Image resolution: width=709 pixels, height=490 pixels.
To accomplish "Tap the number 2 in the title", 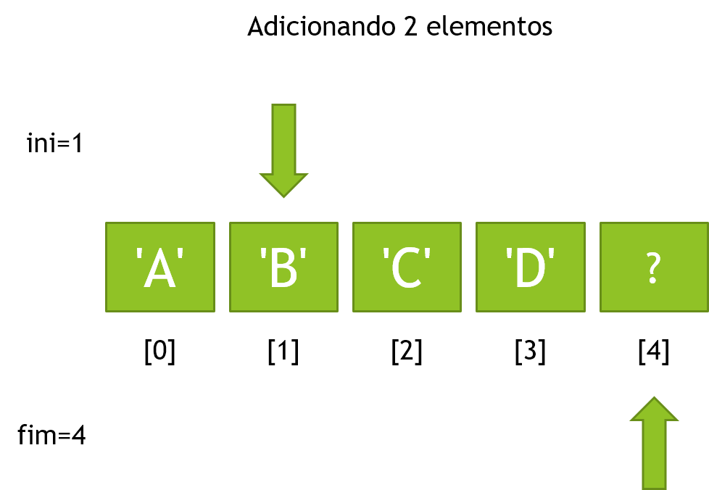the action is coord(410,27).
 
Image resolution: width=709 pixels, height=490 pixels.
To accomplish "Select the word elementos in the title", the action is coord(489,27).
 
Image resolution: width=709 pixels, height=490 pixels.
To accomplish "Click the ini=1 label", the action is coord(54,144).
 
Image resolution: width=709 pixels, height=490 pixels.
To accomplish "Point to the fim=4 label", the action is coord(51,435).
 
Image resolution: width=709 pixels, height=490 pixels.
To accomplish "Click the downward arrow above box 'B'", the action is coord(283,151).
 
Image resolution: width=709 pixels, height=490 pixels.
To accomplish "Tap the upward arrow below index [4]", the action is coord(655,444).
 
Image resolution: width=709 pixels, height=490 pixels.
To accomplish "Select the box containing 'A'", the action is coord(160,267).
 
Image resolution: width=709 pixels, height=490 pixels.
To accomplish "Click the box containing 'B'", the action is coord(283,267).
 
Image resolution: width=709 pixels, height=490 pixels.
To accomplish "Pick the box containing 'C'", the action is coord(407,267).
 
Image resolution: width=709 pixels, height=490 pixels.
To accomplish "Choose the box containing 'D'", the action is coord(531,267).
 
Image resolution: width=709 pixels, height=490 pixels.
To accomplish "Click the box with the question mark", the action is coord(654,267).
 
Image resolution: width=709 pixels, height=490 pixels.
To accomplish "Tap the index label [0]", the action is coord(160,352).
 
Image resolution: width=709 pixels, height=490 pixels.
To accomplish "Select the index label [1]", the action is coord(283,352).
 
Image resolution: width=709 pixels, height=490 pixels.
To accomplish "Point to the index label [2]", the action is coord(407,352).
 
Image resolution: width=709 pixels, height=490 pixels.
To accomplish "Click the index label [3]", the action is coord(531,352).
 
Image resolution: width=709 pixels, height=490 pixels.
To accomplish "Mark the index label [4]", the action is coord(654,352).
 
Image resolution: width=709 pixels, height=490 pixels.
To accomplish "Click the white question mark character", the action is coord(653,268).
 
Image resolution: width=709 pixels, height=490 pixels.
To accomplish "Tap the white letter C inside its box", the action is coord(408,268).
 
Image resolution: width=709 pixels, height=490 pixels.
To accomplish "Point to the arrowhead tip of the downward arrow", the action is coord(283,198).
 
